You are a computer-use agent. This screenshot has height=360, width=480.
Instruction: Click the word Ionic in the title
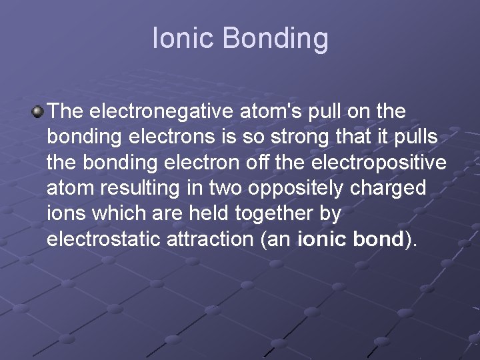coord(183,39)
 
